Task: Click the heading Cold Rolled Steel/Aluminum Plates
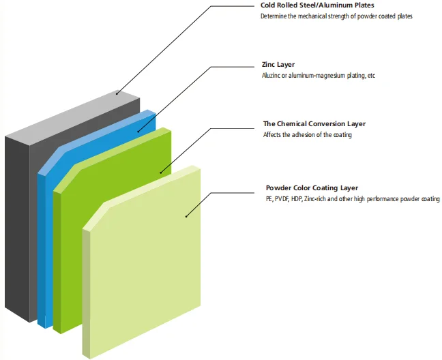[x=317, y=5]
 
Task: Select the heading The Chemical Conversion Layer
[x=314, y=123]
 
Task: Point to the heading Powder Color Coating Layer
[x=312, y=187]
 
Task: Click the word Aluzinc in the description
[x=273, y=75]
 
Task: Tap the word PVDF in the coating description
[x=282, y=198]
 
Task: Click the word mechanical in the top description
[x=310, y=16]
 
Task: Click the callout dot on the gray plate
[x=117, y=93]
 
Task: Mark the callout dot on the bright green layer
[x=161, y=172]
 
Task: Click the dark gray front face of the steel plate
[x=19, y=225]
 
